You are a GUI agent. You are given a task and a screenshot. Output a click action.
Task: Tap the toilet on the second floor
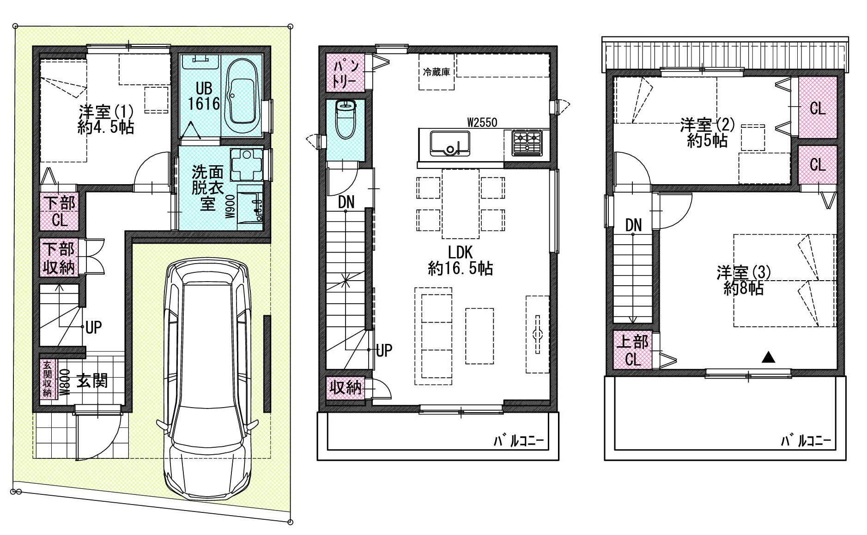click(x=346, y=120)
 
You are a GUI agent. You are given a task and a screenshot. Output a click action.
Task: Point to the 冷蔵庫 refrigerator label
click(x=437, y=72)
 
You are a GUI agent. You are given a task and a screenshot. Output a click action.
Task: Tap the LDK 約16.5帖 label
click(x=460, y=260)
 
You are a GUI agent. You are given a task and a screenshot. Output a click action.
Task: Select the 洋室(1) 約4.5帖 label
click(x=106, y=119)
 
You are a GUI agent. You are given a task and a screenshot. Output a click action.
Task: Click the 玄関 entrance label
click(x=92, y=381)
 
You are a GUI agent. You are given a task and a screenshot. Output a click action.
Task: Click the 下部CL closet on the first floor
click(x=59, y=212)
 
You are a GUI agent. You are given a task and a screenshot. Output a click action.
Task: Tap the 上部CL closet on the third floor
click(x=633, y=350)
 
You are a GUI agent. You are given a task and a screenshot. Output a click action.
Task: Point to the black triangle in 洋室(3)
click(x=768, y=356)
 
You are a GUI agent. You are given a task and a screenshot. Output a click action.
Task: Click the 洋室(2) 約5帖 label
click(x=707, y=132)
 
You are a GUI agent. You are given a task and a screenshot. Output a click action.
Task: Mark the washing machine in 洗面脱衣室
click(x=247, y=164)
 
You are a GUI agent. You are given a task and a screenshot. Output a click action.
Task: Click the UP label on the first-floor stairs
click(x=93, y=328)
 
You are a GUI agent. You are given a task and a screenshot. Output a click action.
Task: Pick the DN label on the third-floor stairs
click(x=633, y=225)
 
